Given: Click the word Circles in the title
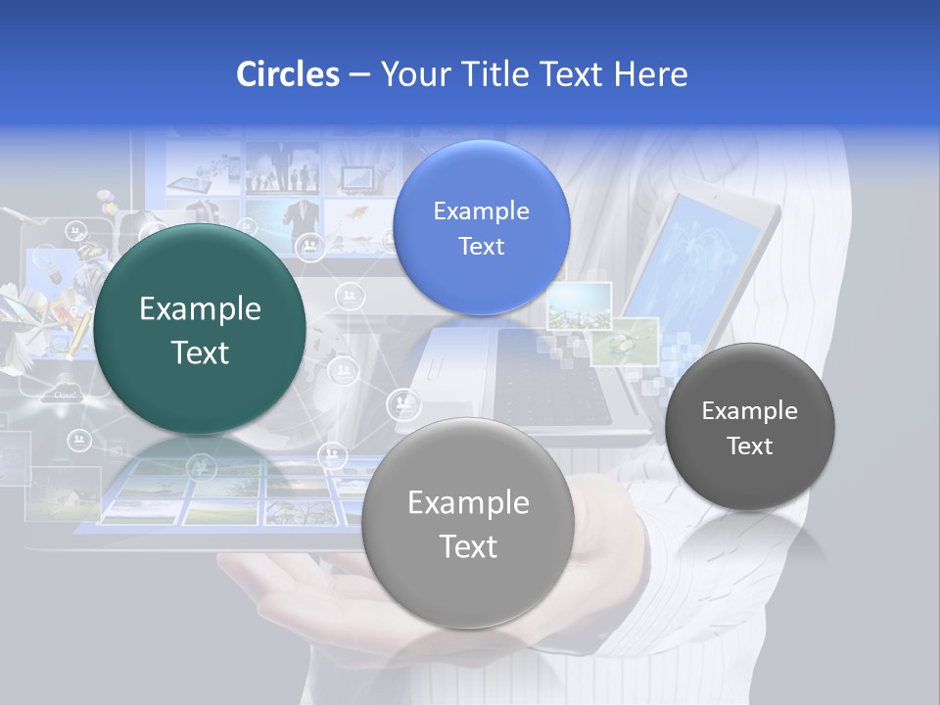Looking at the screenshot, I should tap(287, 74).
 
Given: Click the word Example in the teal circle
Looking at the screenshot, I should tap(200, 309).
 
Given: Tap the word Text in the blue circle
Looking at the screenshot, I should tap(481, 247).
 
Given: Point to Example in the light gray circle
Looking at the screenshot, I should tap(468, 503).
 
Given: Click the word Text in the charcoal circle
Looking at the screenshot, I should tap(750, 446).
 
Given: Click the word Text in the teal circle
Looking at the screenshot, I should tap(200, 352).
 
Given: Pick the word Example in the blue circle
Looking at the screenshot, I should tap(481, 211).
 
